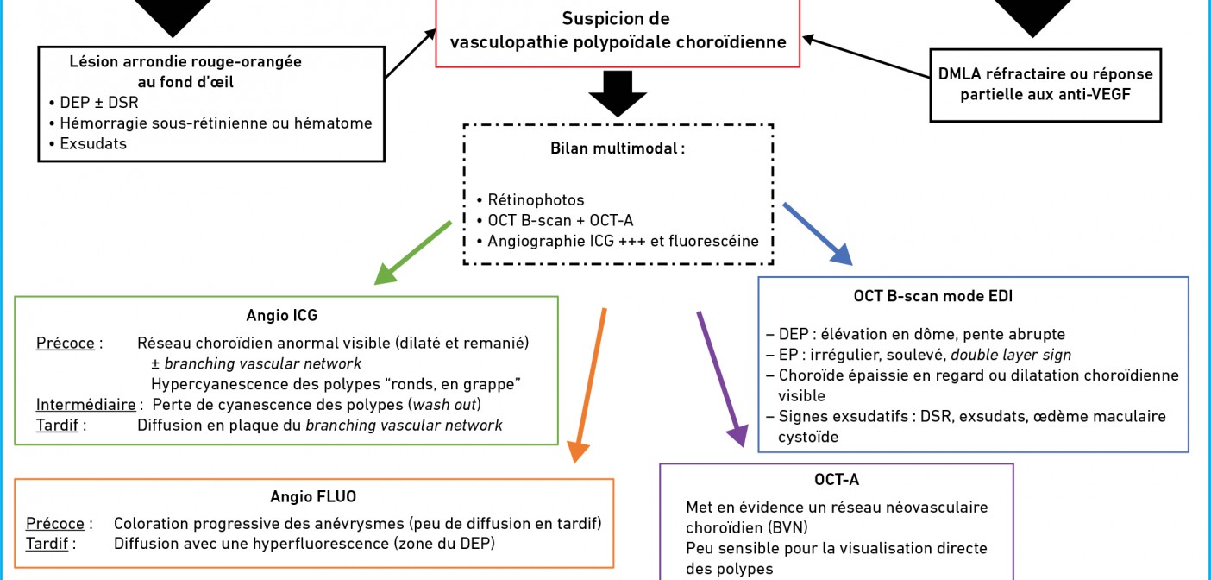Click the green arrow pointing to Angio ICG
pyautogui.click(x=413, y=252)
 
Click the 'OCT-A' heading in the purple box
pyautogui.click(x=836, y=480)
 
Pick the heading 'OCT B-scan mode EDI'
pyautogui.click(x=932, y=296)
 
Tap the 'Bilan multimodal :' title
pyautogui.click(x=618, y=148)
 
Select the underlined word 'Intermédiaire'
pyautogui.click(x=85, y=404)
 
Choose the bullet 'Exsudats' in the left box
pyautogui.click(x=93, y=143)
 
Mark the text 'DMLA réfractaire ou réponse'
pyautogui.click(x=1045, y=73)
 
